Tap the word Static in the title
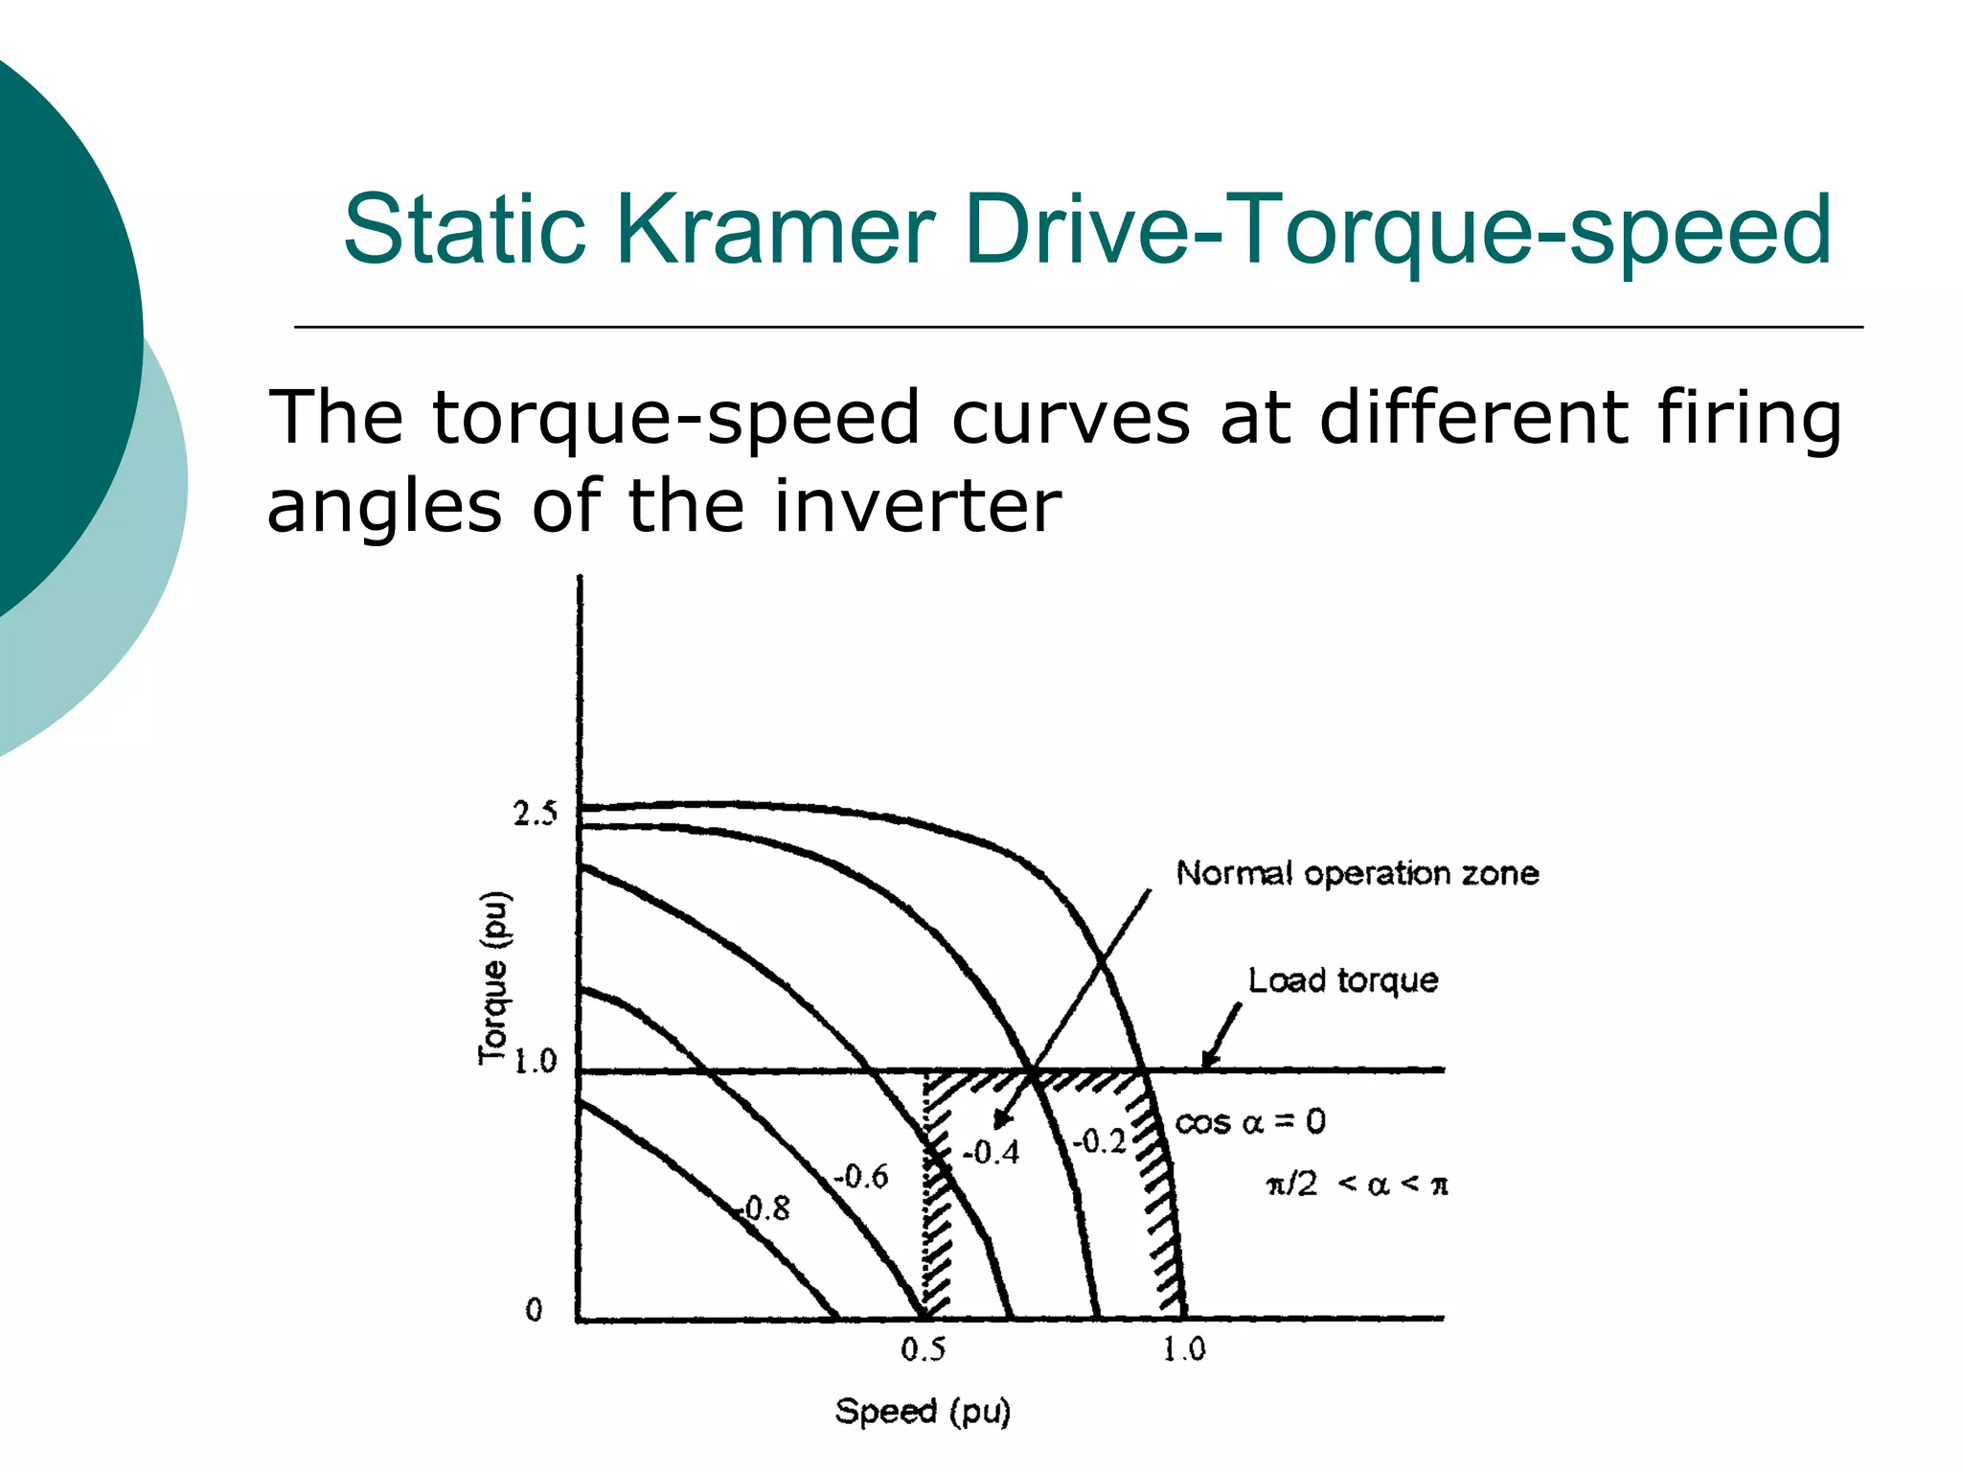(464, 230)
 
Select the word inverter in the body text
(917, 506)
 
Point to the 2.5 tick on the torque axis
(535, 815)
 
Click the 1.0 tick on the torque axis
(535, 1062)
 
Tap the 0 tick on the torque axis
(535, 1310)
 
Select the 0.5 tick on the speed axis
(924, 1350)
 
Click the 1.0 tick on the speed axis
(1184, 1350)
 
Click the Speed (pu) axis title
(923, 1412)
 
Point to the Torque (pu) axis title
(494, 978)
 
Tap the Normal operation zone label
(1357, 873)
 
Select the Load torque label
(1342, 980)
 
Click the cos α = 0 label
(1250, 1122)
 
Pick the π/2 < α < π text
(1357, 1185)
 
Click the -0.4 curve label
(991, 1152)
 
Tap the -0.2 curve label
(1099, 1141)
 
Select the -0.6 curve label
(860, 1176)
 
